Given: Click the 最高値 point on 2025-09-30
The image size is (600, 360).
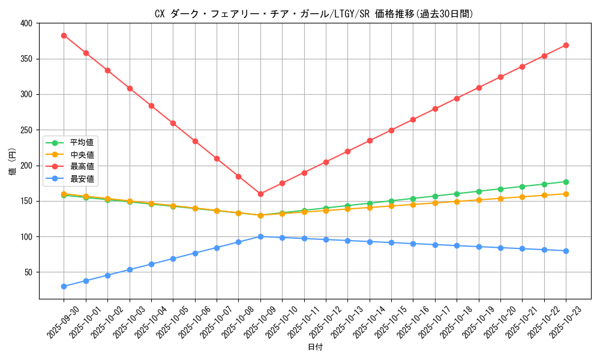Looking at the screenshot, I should click(x=64, y=35).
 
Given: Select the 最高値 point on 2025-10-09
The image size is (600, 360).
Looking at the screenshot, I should click(x=260, y=194).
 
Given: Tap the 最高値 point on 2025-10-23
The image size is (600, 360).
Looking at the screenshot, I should click(x=566, y=45).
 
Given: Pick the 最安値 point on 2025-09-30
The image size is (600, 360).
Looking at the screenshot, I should click(x=64, y=286).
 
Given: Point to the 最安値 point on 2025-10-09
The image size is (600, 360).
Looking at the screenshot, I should click(x=260, y=236).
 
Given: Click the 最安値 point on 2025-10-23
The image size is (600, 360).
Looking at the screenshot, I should click(x=566, y=251).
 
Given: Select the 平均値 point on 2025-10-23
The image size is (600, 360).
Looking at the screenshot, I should click(x=566, y=182).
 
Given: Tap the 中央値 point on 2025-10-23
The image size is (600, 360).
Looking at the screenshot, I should click(x=566, y=194).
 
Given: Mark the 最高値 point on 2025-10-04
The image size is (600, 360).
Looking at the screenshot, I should click(x=151, y=106).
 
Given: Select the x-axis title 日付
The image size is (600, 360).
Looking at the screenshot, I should click(x=315, y=347).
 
